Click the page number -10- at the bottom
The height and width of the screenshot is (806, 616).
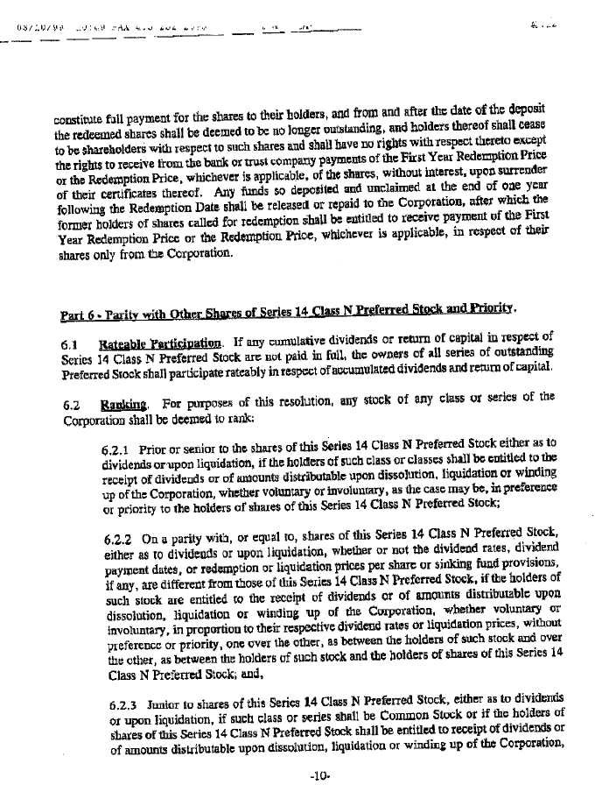(x=318, y=776)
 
